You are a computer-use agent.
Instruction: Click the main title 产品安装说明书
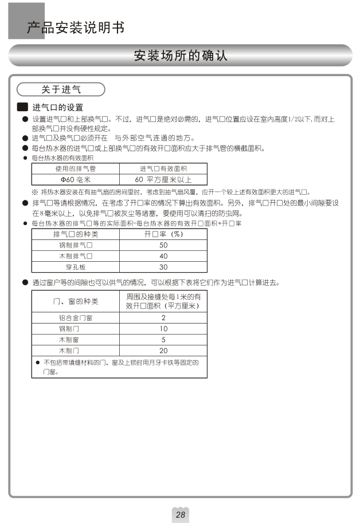tap(75, 27)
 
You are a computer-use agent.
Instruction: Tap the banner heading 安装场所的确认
tap(180, 56)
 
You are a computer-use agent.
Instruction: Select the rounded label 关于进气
tap(61, 89)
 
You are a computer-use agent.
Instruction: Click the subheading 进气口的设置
tap(58, 107)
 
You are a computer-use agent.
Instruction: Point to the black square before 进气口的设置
tap(23, 107)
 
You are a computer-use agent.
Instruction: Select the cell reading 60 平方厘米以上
tap(163, 179)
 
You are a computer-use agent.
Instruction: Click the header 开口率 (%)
tap(163, 234)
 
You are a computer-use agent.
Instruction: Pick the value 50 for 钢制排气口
tap(163, 245)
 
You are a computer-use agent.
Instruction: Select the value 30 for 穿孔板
tap(163, 267)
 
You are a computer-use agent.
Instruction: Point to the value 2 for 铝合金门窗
tap(163, 317)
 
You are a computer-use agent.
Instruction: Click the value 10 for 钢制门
tap(163, 328)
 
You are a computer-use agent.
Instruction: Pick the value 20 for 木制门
tap(163, 350)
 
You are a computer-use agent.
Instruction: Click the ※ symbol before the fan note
tap(35, 191)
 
